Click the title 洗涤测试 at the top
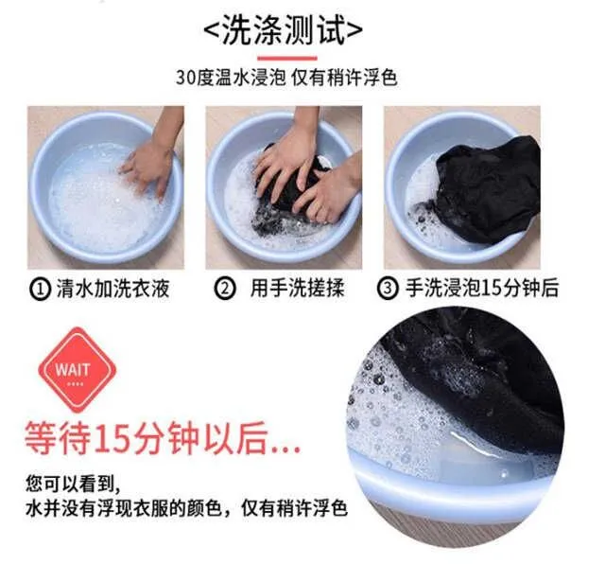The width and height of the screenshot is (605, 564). (283, 30)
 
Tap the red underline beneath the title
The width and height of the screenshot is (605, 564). (287, 59)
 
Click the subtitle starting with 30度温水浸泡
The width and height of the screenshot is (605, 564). (286, 78)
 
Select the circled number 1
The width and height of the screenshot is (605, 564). (40, 289)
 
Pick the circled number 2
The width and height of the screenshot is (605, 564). (225, 289)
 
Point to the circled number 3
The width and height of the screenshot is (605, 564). (388, 289)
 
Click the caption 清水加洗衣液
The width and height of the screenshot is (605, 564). (113, 289)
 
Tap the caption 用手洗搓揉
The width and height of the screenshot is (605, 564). (297, 289)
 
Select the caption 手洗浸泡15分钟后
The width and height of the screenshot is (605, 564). (481, 289)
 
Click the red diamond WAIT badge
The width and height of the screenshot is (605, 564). (78, 370)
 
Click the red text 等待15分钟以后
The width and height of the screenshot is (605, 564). (162, 438)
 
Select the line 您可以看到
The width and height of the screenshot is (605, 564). (73, 484)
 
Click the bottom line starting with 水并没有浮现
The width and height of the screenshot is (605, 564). (187, 508)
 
